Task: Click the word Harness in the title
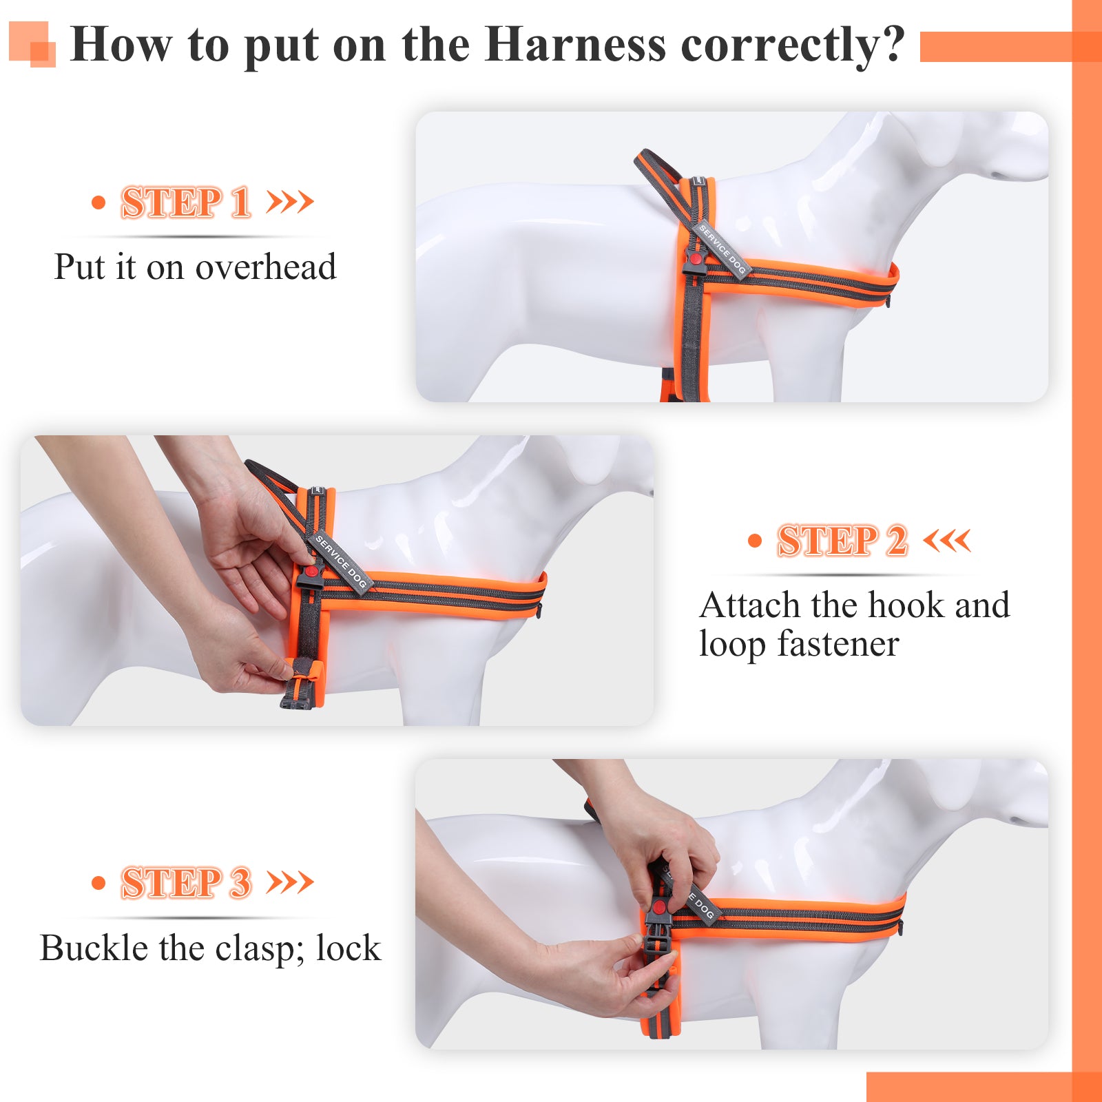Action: tap(575, 44)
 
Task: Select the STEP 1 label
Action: tap(185, 202)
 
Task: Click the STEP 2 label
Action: tap(842, 540)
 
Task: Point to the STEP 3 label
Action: tap(186, 882)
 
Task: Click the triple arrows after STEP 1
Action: tap(290, 202)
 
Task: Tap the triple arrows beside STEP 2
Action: tap(947, 540)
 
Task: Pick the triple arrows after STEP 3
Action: tap(290, 882)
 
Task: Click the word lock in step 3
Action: tap(349, 948)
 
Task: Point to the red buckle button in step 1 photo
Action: tap(696, 260)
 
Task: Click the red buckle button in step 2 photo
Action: tap(311, 572)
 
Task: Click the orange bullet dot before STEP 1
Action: tap(98, 202)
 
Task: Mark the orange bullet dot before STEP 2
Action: tap(755, 541)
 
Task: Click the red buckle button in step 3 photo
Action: tap(660, 907)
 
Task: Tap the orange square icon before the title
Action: tap(32, 44)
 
